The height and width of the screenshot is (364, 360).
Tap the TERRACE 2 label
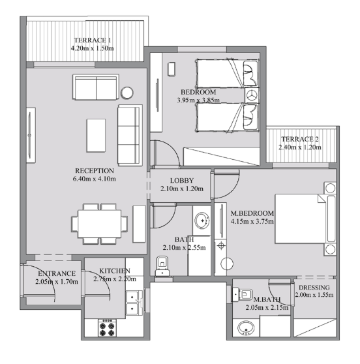click(x=299, y=140)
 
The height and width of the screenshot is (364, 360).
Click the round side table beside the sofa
click(x=127, y=92)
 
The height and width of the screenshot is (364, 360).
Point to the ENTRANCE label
click(x=57, y=273)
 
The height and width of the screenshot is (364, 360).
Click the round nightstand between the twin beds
click(x=252, y=95)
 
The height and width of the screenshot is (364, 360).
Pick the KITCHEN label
click(x=114, y=270)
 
